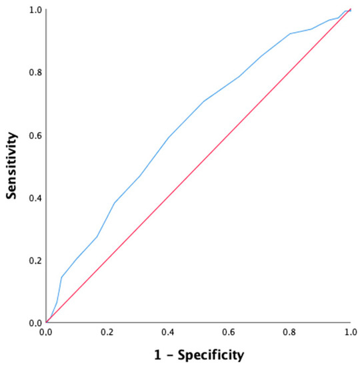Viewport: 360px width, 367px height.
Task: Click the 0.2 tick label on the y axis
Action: [x=35, y=260]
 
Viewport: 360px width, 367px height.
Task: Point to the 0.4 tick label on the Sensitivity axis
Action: [x=35, y=198]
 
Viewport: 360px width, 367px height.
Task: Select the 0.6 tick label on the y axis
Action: [x=35, y=135]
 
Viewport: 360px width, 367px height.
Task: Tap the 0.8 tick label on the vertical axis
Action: [x=35, y=73]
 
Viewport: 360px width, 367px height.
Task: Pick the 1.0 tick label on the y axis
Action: [x=35, y=10]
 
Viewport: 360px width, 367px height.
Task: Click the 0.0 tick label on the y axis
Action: [x=35, y=323]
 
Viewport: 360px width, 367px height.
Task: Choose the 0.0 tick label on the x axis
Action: [x=46, y=332]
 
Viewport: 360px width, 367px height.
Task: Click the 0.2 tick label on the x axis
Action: [x=107, y=332]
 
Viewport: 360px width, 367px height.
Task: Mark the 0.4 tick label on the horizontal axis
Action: [x=168, y=332]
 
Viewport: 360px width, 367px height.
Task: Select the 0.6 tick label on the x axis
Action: [x=229, y=332]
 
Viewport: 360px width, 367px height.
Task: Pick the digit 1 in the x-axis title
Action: [x=155, y=352]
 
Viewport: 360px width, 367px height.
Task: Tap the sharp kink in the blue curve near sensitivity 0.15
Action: [x=61, y=276]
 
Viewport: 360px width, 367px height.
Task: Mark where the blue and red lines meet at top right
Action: [x=350, y=10]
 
